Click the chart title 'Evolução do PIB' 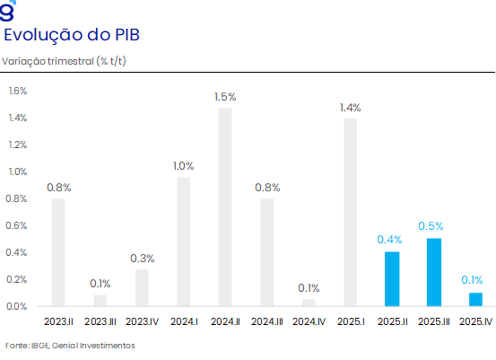click(72, 35)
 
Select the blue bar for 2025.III click(434, 272)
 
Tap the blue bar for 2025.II click(392, 279)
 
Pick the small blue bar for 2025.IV click(475, 300)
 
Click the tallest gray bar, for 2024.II click(225, 207)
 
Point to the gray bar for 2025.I click(351, 212)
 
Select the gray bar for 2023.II click(58, 252)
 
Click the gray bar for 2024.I click(184, 241)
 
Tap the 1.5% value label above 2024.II click(225, 97)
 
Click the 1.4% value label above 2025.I click(350, 108)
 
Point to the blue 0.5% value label click(431, 226)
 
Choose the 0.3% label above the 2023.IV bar click(143, 259)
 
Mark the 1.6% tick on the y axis click(18, 91)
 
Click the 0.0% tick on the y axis click(17, 306)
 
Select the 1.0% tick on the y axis click(18, 171)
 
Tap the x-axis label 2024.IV click(309, 321)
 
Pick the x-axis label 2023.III click(100, 321)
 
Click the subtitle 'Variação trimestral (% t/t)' click(64, 61)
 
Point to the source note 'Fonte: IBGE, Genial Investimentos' click(70, 346)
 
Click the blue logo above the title click(7, 11)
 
